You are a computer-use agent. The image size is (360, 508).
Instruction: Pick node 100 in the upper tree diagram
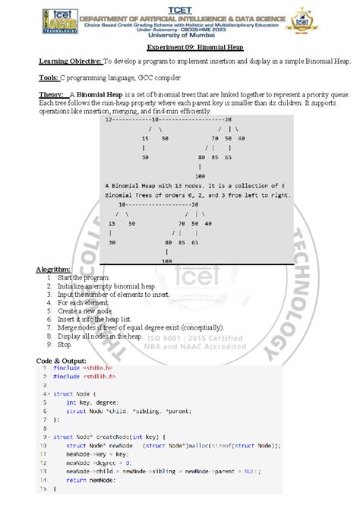(x=200, y=175)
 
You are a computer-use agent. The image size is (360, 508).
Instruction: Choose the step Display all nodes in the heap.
(x=99, y=336)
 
